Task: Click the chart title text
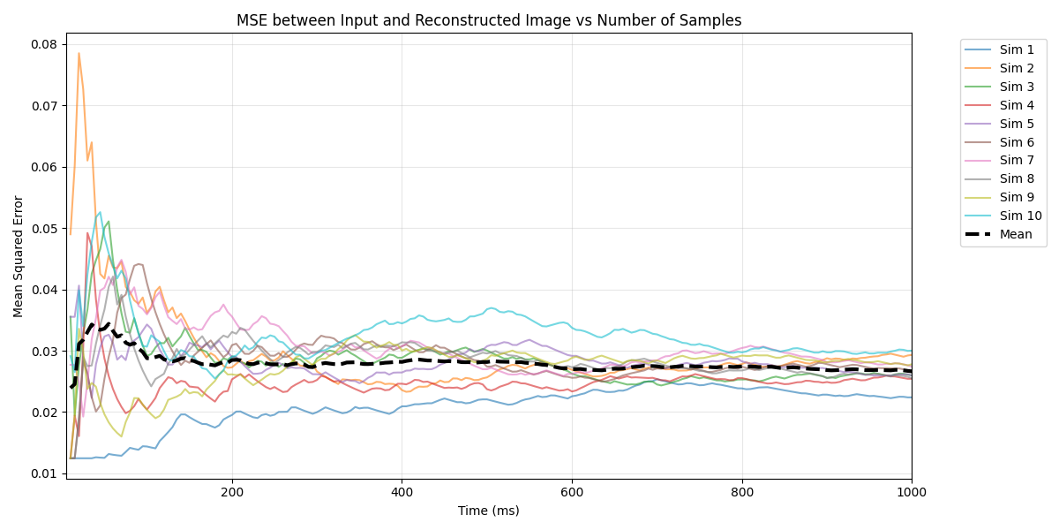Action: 489,20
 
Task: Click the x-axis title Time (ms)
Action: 488,511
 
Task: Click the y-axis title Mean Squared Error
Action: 19,256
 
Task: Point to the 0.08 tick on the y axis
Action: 44,45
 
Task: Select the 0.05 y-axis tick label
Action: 44,229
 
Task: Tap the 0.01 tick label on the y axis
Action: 44,473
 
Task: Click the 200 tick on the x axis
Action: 231,491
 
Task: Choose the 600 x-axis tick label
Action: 572,491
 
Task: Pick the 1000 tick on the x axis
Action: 912,491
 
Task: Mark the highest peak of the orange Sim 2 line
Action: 79,53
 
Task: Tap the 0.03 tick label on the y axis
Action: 44,352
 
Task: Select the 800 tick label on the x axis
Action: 741,491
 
